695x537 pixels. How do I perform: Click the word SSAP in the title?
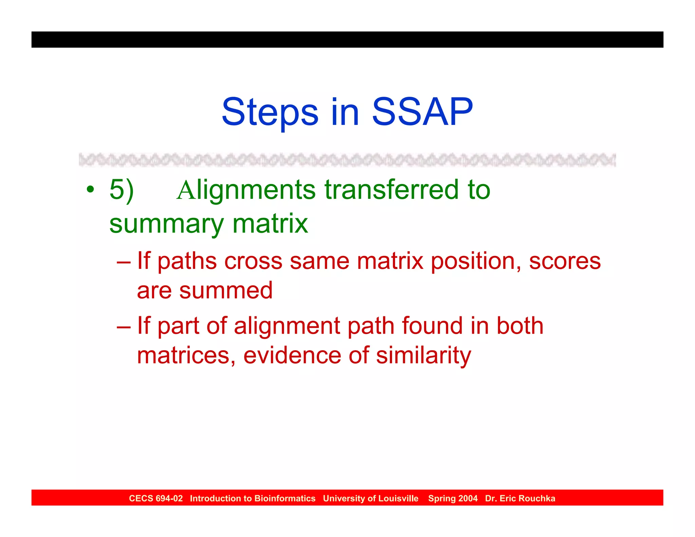422,112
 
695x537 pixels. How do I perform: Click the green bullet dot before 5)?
90,189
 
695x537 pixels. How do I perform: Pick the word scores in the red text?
565,261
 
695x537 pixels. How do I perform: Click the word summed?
226,291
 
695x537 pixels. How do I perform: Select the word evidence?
292,355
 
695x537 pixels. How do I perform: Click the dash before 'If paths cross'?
124,262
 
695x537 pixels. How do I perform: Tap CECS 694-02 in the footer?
156,498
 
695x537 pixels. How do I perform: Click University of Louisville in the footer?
371,498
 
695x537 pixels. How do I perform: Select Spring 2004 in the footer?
453,498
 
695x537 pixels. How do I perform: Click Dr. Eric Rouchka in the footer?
520,498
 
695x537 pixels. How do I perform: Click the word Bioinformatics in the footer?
285,498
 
